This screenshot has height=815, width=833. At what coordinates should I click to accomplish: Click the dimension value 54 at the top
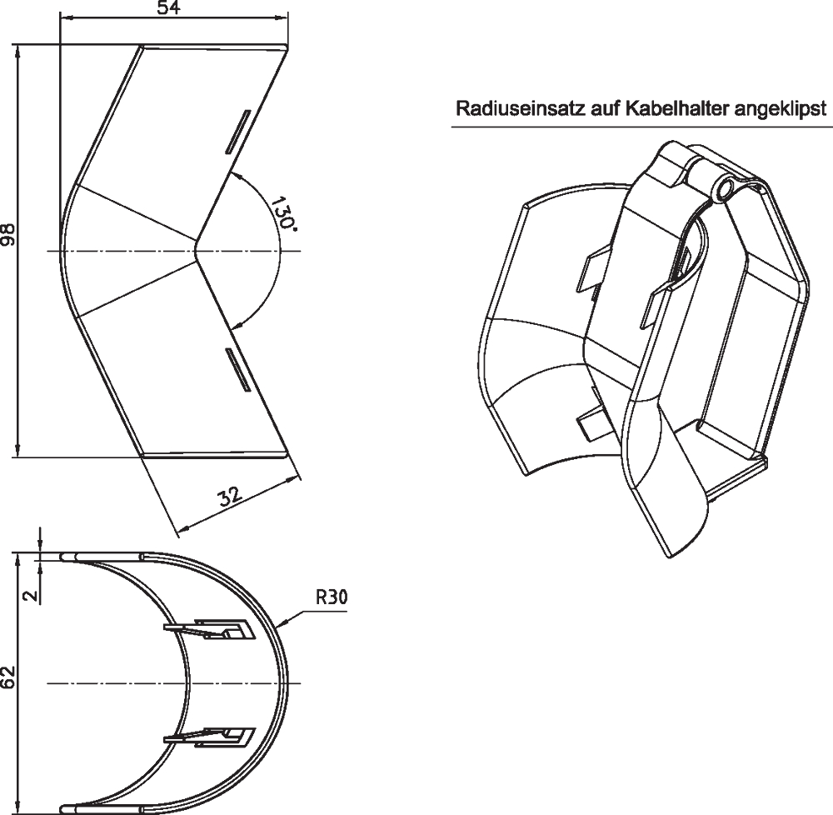click(169, 7)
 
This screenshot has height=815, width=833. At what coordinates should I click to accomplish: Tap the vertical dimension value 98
click(8, 234)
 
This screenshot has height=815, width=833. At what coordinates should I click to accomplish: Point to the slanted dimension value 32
click(230, 497)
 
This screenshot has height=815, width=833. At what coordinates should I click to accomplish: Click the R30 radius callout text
click(332, 597)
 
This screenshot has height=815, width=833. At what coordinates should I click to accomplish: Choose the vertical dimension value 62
click(8, 677)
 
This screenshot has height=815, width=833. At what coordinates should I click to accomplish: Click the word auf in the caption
click(605, 109)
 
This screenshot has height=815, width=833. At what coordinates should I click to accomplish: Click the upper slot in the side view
click(237, 132)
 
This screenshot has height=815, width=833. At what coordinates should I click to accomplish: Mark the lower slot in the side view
click(238, 370)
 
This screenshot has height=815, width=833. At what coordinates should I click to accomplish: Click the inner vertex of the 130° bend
click(196, 250)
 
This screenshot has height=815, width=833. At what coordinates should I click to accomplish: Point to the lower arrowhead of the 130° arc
click(237, 323)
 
